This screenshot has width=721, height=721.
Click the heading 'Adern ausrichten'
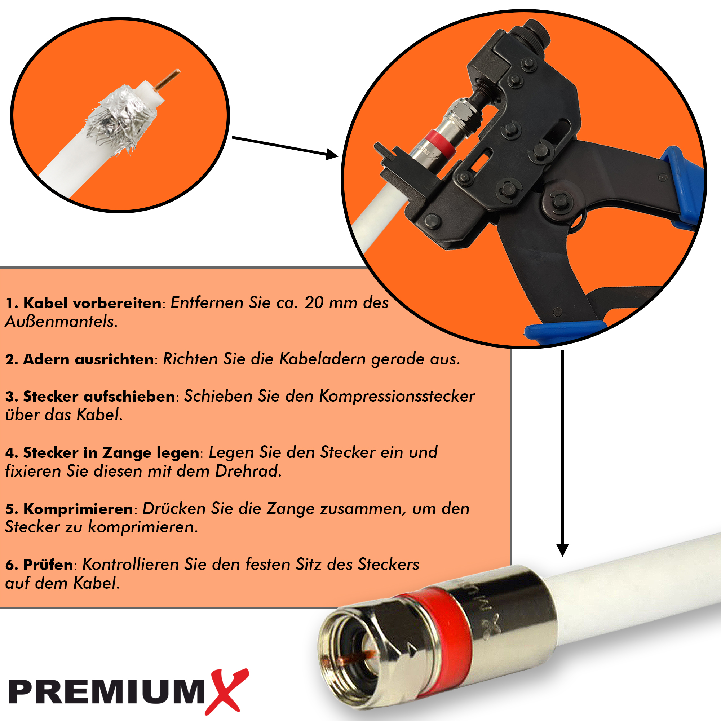[x=88, y=359]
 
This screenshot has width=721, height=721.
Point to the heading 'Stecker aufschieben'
[x=99, y=396]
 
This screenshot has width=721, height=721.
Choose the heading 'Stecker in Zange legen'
[x=111, y=453]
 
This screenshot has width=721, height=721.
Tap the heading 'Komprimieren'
[x=78, y=509]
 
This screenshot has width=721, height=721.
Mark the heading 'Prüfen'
[x=48, y=565]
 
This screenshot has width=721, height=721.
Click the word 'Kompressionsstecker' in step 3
[x=397, y=396]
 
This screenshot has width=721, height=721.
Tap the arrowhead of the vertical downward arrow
[x=562, y=550]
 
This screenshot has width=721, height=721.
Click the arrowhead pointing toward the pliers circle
[x=332, y=154]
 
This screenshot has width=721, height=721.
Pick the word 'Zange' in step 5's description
[x=289, y=509]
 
